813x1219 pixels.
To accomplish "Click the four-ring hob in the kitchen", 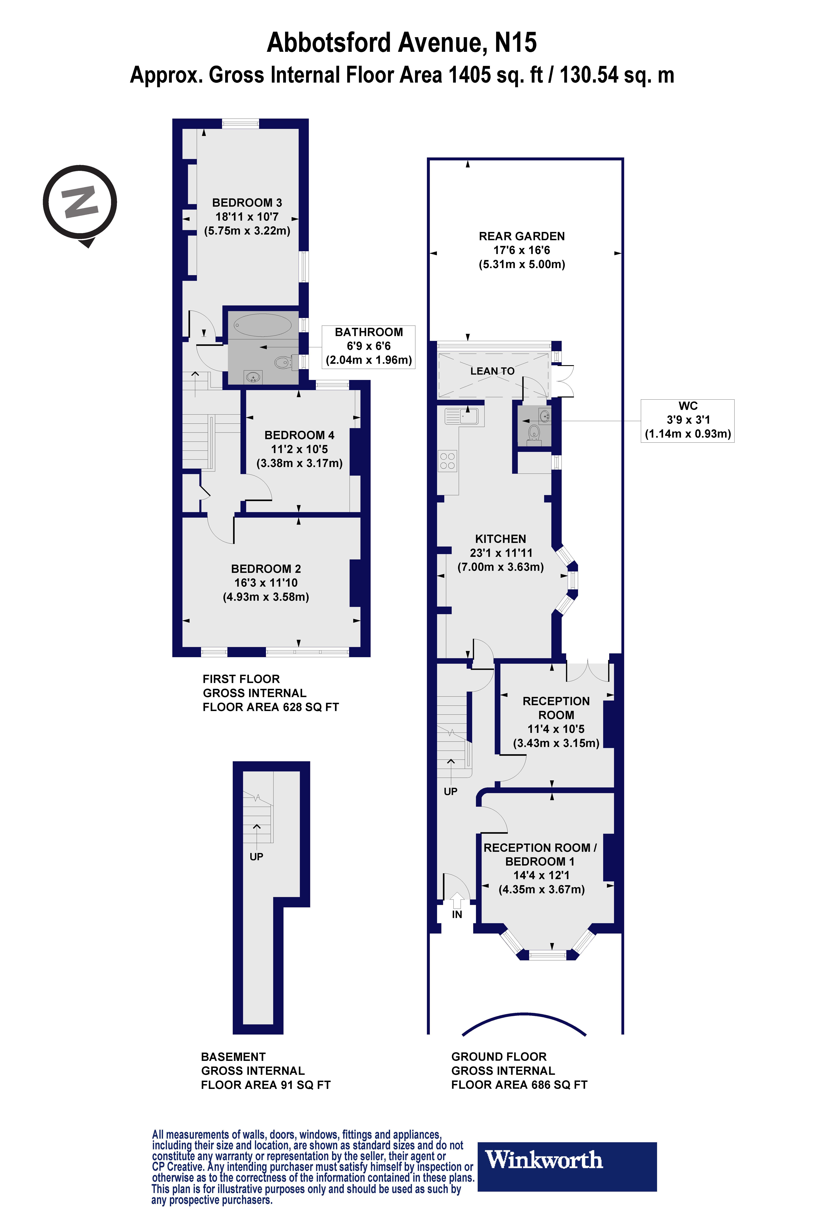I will tap(447, 461).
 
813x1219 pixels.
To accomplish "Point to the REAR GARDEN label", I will tap(522, 236).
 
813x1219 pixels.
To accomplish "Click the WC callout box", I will tap(688, 420).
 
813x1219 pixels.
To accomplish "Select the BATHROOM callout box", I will tap(369, 346).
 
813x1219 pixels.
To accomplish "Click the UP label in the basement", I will tap(256, 857).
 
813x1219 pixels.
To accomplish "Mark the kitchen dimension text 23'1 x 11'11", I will tap(501, 553).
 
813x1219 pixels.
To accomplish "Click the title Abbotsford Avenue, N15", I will tap(402, 43).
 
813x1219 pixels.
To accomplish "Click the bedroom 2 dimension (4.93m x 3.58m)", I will tap(266, 597).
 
